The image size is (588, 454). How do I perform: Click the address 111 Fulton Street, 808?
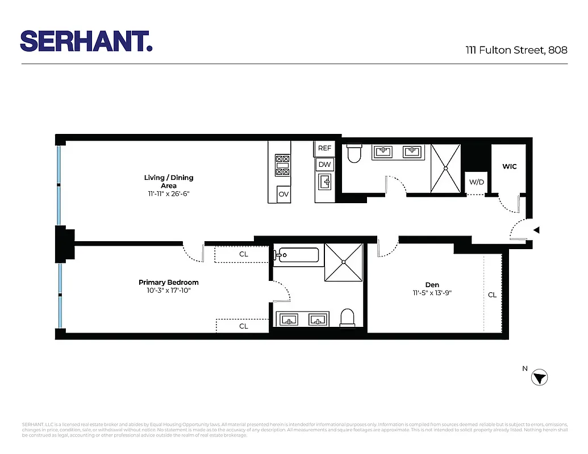pyautogui.click(x=516, y=50)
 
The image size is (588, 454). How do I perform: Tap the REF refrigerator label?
pyautogui.click(x=324, y=148)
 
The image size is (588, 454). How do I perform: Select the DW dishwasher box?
pyautogui.click(x=324, y=165)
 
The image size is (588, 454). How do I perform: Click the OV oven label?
pyautogui.click(x=283, y=194)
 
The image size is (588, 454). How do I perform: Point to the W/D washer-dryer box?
pyautogui.click(x=476, y=183)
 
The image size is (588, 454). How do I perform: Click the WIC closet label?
pyautogui.click(x=509, y=167)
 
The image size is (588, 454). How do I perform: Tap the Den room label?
pyautogui.click(x=432, y=285)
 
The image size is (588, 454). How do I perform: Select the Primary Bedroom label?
pyautogui.click(x=168, y=282)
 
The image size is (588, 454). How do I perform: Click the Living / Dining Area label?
pyautogui.click(x=168, y=182)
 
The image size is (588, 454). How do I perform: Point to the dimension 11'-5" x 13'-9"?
pyautogui.click(x=432, y=293)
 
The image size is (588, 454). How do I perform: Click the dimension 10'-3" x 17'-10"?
pyautogui.click(x=168, y=291)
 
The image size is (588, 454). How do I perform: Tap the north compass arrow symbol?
pyautogui.click(x=540, y=378)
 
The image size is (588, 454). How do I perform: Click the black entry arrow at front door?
pyautogui.click(x=536, y=230)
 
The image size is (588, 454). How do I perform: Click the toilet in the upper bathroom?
pyautogui.click(x=355, y=153)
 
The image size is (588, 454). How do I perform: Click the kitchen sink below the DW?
pyautogui.click(x=324, y=183)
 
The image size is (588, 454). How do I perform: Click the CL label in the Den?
pyautogui.click(x=492, y=295)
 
